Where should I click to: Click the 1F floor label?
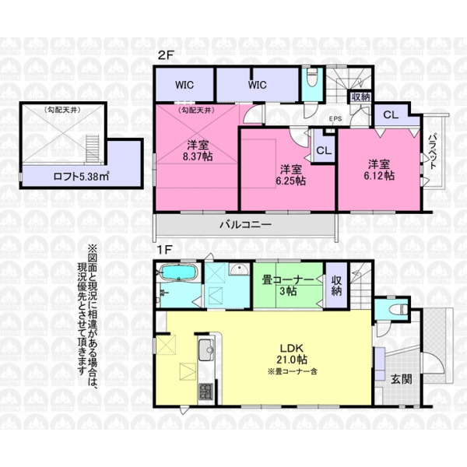click(164, 250)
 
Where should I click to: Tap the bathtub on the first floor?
click(178, 272)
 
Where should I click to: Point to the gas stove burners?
click(205, 392)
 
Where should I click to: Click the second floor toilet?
click(311, 77)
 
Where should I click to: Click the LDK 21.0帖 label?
click(292, 354)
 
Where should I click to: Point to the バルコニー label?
click(246, 225)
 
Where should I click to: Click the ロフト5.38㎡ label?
click(81, 177)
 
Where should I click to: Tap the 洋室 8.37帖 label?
click(198, 151)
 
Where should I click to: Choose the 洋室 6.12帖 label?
click(379, 170)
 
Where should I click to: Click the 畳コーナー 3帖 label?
click(288, 286)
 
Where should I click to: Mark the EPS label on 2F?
click(335, 118)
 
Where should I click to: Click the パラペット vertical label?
click(433, 151)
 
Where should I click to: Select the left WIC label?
click(184, 85)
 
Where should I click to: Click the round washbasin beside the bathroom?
click(239, 269)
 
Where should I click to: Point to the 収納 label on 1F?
click(336, 286)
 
